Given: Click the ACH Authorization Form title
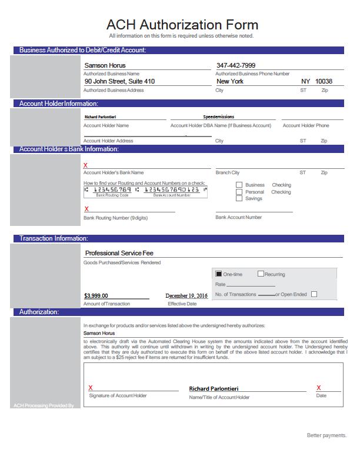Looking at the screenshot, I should (x=182, y=25).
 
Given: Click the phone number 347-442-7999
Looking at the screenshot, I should (x=236, y=65).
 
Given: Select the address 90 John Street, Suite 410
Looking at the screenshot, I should (x=119, y=81).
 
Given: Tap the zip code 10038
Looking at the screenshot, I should (x=324, y=81).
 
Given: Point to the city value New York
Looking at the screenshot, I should (x=229, y=81).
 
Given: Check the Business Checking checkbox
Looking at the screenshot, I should (x=239, y=185).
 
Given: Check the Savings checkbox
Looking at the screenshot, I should (x=239, y=199).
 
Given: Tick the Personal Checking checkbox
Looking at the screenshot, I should (x=239, y=192).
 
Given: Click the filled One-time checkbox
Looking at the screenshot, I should (x=219, y=274).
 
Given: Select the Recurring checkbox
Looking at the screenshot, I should (x=261, y=274).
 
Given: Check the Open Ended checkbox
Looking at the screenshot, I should (x=314, y=294).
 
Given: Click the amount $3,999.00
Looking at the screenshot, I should (x=96, y=296).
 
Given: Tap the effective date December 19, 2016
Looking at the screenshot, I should (x=186, y=296).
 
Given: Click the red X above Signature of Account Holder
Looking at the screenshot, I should (x=91, y=388).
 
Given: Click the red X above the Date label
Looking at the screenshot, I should (x=319, y=388).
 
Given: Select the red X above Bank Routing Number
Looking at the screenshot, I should (x=87, y=209).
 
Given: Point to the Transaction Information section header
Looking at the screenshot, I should (x=54, y=238).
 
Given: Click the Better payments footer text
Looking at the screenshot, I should (x=326, y=435).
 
